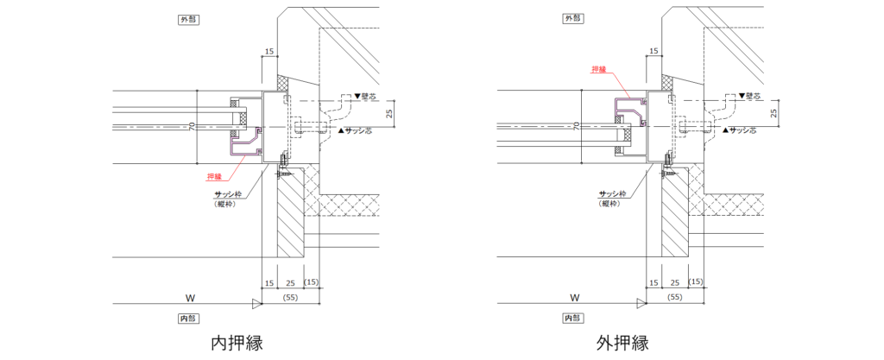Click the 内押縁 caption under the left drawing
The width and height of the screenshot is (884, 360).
237,343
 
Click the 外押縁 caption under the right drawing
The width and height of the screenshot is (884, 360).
622,343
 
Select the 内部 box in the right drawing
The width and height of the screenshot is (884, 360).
572,319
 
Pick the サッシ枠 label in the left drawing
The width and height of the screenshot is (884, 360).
226,194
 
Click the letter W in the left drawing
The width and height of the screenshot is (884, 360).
189,296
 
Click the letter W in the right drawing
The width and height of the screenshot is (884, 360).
575,296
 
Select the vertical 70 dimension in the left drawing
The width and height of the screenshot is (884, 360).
193,126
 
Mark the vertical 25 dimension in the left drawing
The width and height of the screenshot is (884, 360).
389,111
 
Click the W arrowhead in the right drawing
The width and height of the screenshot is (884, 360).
641,304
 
